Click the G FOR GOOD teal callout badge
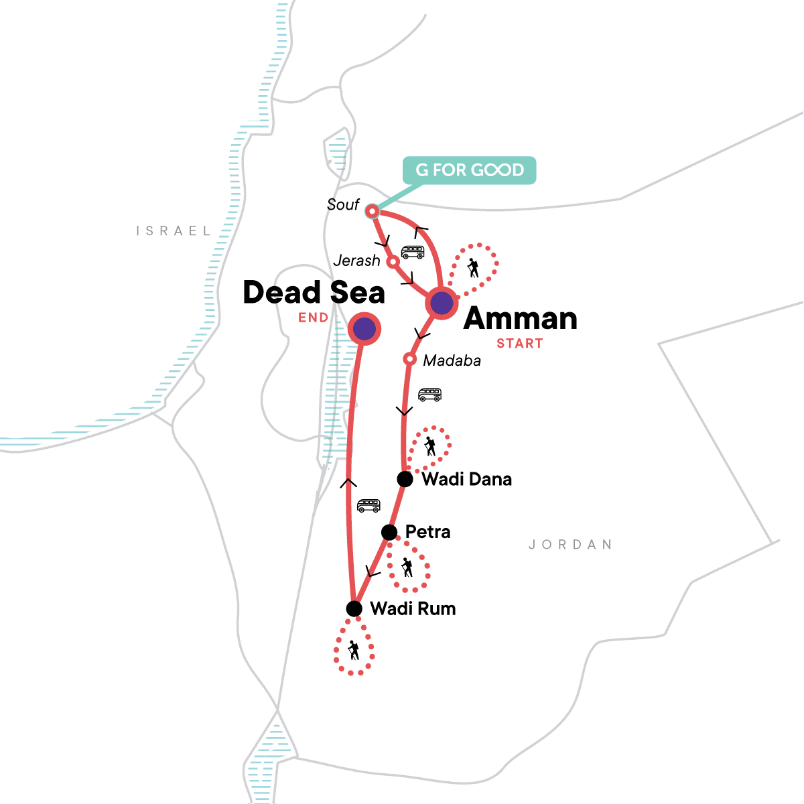[x=469, y=170]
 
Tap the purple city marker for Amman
[x=442, y=303]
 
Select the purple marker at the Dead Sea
[x=364, y=328]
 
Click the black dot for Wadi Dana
[x=405, y=479]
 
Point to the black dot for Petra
[x=389, y=532]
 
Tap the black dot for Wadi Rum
[x=354, y=608]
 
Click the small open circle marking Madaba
[x=409, y=360]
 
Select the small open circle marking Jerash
[x=393, y=261]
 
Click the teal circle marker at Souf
[x=371, y=212]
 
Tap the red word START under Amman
[x=519, y=344]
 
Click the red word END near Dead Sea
[x=314, y=318]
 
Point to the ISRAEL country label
[x=174, y=231]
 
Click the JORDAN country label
[x=570, y=545]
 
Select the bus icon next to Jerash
[x=413, y=253]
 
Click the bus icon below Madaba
[x=429, y=395]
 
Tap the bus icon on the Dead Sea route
[x=368, y=506]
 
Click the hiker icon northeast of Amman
[x=474, y=268]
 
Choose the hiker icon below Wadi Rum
[x=353, y=650]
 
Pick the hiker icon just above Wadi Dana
[x=429, y=446]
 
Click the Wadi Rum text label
[x=413, y=608]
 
